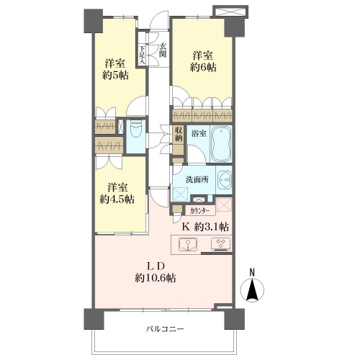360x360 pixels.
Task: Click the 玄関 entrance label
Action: (x=163, y=50)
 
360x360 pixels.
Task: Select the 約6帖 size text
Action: (x=203, y=68)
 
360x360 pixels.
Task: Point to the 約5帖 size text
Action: (x=115, y=76)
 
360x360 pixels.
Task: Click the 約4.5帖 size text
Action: (x=117, y=199)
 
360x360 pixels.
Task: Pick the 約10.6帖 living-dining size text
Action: (x=156, y=278)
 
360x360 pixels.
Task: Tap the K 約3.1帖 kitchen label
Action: (x=205, y=227)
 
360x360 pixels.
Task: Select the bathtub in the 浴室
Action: (x=221, y=143)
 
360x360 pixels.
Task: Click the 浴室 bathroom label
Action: (x=199, y=133)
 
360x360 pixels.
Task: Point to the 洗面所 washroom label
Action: (x=197, y=179)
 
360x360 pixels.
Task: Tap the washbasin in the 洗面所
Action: (x=224, y=179)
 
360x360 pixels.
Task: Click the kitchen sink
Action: (x=188, y=245)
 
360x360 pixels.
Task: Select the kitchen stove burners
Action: (x=220, y=244)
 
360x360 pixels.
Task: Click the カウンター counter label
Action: (x=199, y=211)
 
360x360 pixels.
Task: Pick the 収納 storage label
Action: (x=179, y=134)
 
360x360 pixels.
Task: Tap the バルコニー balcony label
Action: (x=166, y=329)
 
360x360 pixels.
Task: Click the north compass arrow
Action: (x=252, y=290)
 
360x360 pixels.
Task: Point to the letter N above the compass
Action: (x=252, y=272)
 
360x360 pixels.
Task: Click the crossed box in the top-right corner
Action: (x=230, y=12)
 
